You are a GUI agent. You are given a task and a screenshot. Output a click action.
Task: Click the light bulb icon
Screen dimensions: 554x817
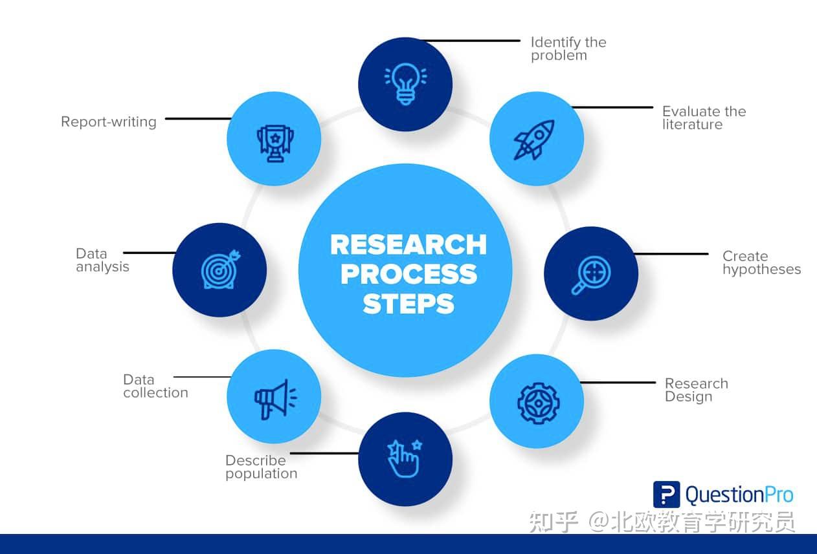click(x=405, y=84)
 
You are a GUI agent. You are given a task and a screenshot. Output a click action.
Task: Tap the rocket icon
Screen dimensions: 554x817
click(x=535, y=139)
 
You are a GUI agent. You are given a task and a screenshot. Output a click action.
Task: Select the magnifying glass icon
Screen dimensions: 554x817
click(x=590, y=273)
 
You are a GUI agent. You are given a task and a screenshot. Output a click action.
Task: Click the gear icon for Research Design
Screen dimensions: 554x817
click(x=538, y=401)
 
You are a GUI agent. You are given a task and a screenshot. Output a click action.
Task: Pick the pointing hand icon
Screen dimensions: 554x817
click(x=405, y=458)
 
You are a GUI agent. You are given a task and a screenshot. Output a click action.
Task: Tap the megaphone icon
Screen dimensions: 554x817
click(x=274, y=397)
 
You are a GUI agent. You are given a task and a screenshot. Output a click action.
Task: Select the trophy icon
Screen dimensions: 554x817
click(x=274, y=140)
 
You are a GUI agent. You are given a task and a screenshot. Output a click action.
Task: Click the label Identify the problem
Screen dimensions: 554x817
click(x=568, y=48)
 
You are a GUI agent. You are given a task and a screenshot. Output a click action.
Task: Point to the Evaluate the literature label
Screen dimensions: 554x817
click(x=703, y=118)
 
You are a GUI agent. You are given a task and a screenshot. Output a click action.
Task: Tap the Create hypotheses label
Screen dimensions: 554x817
click(x=761, y=263)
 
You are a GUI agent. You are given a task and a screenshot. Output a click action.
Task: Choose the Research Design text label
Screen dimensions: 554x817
click(x=696, y=390)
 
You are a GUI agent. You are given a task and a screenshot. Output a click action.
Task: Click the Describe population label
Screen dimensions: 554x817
click(x=261, y=467)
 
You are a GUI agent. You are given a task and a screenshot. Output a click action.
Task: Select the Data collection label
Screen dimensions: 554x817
click(x=155, y=386)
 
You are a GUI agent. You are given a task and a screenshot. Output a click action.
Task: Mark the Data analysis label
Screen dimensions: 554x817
click(x=102, y=260)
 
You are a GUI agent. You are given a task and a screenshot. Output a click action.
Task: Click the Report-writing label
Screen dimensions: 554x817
click(x=109, y=122)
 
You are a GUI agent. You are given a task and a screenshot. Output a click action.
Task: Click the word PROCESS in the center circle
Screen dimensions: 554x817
click(x=408, y=274)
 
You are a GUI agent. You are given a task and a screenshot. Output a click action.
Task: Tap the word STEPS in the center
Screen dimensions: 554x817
click(x=408, y=303)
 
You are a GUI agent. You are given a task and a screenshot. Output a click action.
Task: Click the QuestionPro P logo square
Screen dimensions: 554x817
click(x=666, y=495)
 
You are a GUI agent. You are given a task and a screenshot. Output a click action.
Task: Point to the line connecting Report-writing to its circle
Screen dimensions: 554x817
click(x=197, y=119)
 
